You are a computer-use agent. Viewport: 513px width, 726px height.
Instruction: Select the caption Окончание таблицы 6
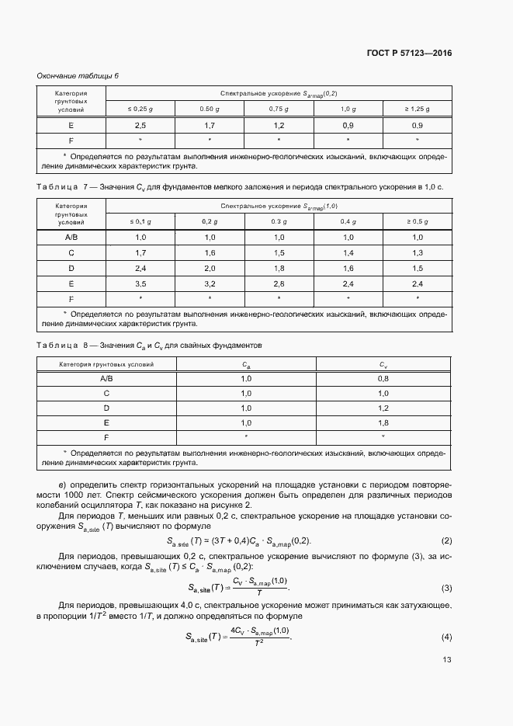click(78, 75)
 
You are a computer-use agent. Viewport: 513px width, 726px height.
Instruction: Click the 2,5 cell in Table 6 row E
click(140, 125)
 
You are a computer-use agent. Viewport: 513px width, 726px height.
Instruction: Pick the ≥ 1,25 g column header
click(417, 109)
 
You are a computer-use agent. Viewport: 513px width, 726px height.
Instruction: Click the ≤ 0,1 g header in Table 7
click(140, 222)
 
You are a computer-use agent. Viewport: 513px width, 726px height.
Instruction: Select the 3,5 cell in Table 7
click(140, 283)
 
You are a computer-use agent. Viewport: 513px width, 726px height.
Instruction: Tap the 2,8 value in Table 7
click(279, 283)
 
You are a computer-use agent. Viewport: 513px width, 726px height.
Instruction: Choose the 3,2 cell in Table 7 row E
click(210, 283)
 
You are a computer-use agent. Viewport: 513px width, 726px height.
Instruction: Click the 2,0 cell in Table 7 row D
click(210, 269)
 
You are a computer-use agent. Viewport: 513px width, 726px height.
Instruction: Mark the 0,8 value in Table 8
click(383, 378)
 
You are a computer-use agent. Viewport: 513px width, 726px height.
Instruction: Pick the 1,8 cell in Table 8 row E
click(383, 422)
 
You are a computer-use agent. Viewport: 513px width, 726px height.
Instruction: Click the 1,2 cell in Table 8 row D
click(383, 408)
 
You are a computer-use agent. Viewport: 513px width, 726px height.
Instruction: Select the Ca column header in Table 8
click(246, 363)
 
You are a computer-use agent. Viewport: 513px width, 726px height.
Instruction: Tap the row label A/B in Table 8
click(107, 378)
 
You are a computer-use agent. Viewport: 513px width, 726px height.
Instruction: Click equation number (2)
click(446, 540)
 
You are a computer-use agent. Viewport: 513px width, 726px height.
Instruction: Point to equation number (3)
click(446, 588)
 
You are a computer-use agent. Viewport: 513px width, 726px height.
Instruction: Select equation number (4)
click(446, 637)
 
